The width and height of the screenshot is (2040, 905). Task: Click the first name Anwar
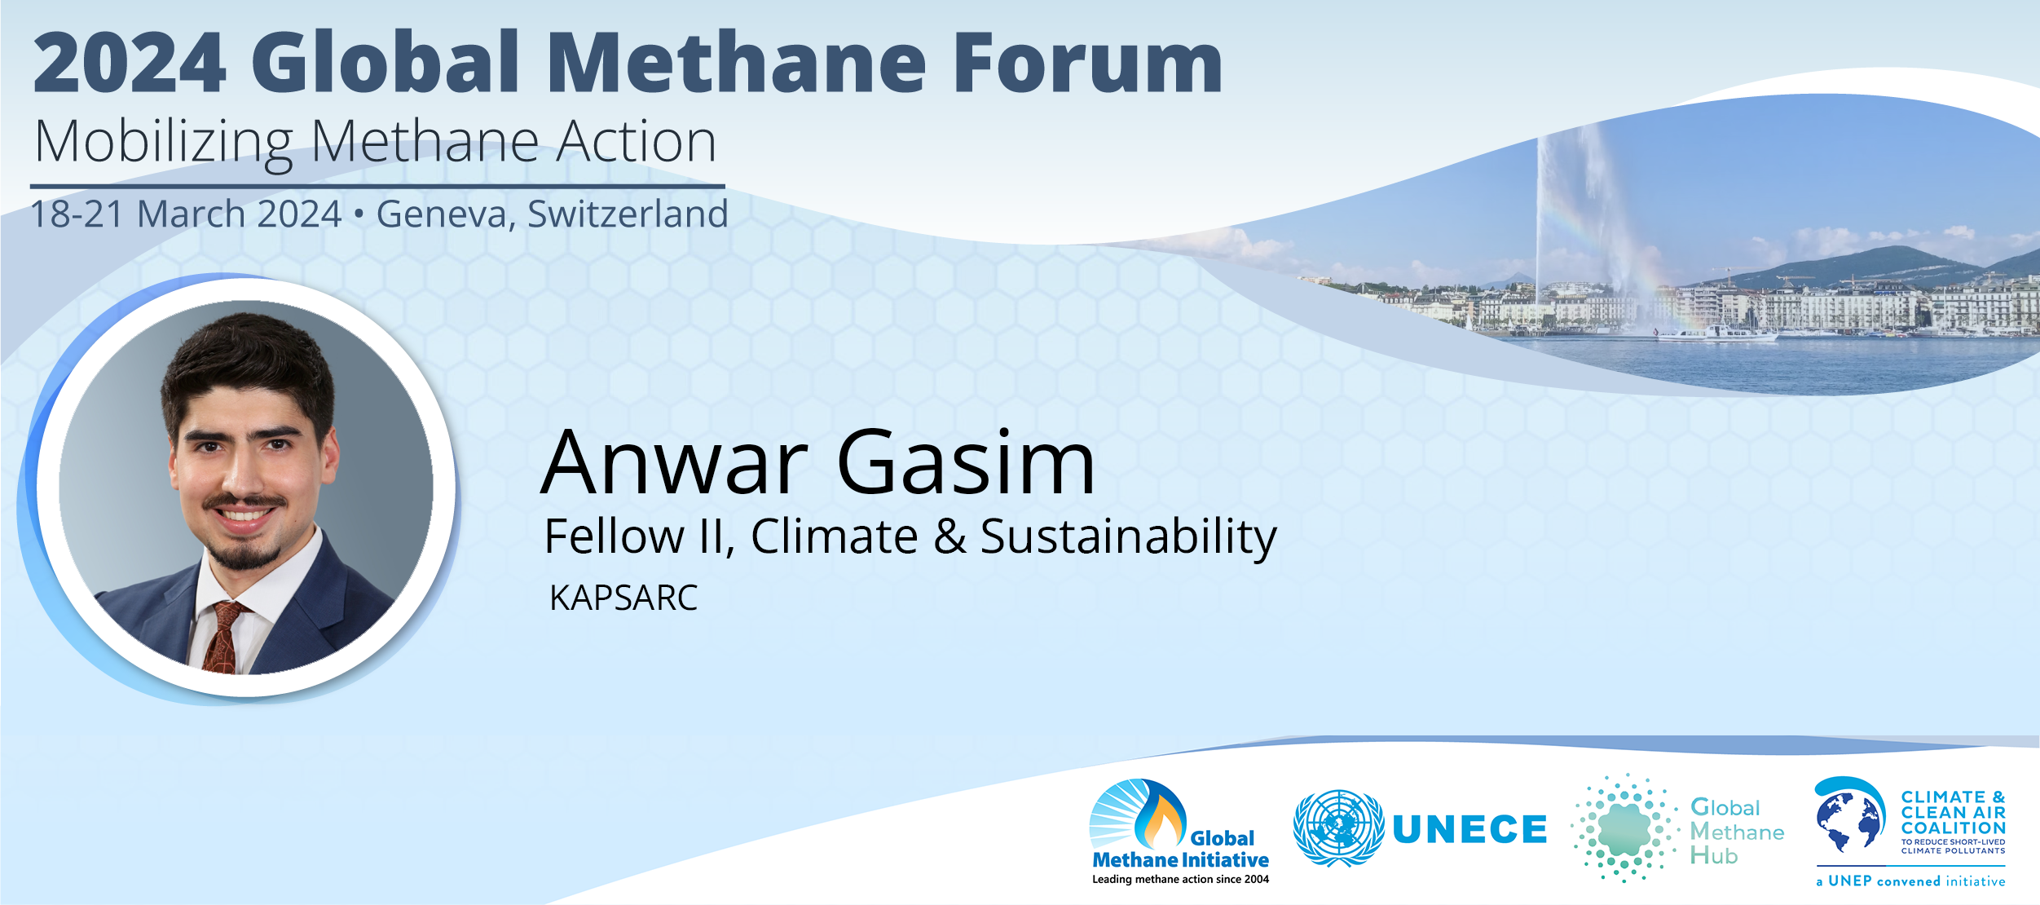pos(675,462)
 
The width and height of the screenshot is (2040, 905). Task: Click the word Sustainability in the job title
pos(1128,538)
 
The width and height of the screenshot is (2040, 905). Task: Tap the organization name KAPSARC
pos(623,598)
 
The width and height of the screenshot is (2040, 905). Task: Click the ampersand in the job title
pos(950,536)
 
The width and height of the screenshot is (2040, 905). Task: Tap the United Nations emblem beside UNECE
pos(1338,828)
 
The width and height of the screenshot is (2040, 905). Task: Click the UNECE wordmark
pos(1469,830)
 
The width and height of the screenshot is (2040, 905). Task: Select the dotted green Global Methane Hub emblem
pos(1624,828)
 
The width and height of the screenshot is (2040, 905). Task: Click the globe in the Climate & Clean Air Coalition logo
pos(1849,821)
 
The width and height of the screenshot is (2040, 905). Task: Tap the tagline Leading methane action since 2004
pos(1180,879)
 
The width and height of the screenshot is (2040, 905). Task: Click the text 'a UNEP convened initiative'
pos(1910,881)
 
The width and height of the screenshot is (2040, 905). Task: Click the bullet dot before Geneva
pos(359,214)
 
